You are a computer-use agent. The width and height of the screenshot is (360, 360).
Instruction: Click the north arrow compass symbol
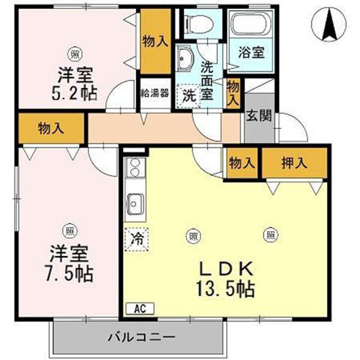coord(329,24)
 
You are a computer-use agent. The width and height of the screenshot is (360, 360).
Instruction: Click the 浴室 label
coord(251,52)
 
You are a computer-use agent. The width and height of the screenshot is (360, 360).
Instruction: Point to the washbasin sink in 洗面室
coord(185,60)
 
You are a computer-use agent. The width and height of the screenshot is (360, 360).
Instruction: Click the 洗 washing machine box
coord(188,94)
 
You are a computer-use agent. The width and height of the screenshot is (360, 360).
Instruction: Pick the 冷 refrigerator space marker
coord(137,239)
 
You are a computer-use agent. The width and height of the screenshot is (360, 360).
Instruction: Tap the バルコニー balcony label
coord(141,337)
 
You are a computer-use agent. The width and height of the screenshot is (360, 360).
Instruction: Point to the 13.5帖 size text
coord(225,289)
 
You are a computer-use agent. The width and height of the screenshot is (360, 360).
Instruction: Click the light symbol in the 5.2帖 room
coord(74,54)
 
